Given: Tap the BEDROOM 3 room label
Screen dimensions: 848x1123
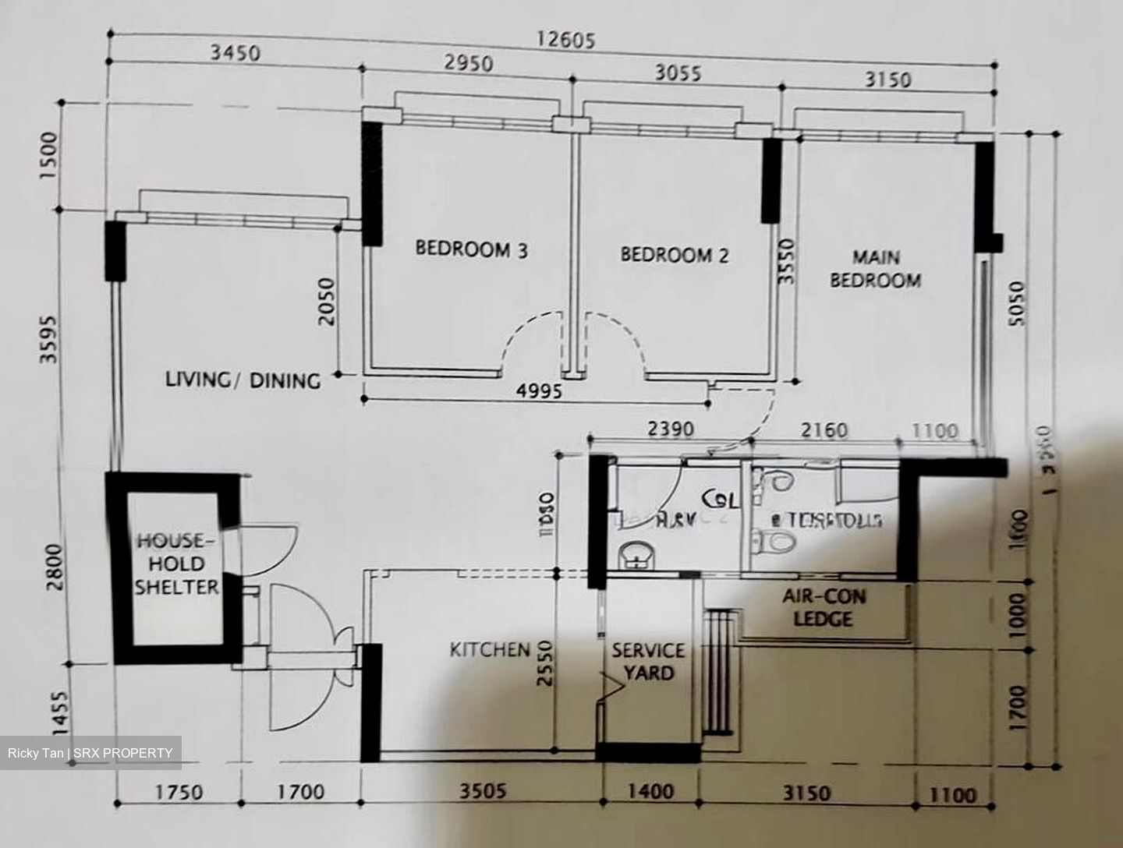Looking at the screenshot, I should [471, 250].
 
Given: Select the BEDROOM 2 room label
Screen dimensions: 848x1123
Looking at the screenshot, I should [675, 255].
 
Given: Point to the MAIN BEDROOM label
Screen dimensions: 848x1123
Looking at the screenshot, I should [875, 269].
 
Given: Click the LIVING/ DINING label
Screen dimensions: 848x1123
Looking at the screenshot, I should [243, 381].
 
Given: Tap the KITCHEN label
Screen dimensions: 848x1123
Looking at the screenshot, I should [490, 649].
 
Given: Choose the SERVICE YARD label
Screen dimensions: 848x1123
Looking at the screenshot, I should [647, 660].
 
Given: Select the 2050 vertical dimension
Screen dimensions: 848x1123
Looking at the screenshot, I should [328, 302].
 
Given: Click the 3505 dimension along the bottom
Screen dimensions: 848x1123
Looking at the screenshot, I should [481, 792].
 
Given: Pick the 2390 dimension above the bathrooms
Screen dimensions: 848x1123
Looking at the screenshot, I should [670, 428].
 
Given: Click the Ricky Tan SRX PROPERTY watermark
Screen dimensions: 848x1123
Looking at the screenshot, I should [90, 753].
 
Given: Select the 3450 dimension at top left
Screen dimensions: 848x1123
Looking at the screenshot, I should [235, 54].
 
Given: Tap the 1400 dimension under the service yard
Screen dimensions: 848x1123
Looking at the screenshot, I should [650, 792].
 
